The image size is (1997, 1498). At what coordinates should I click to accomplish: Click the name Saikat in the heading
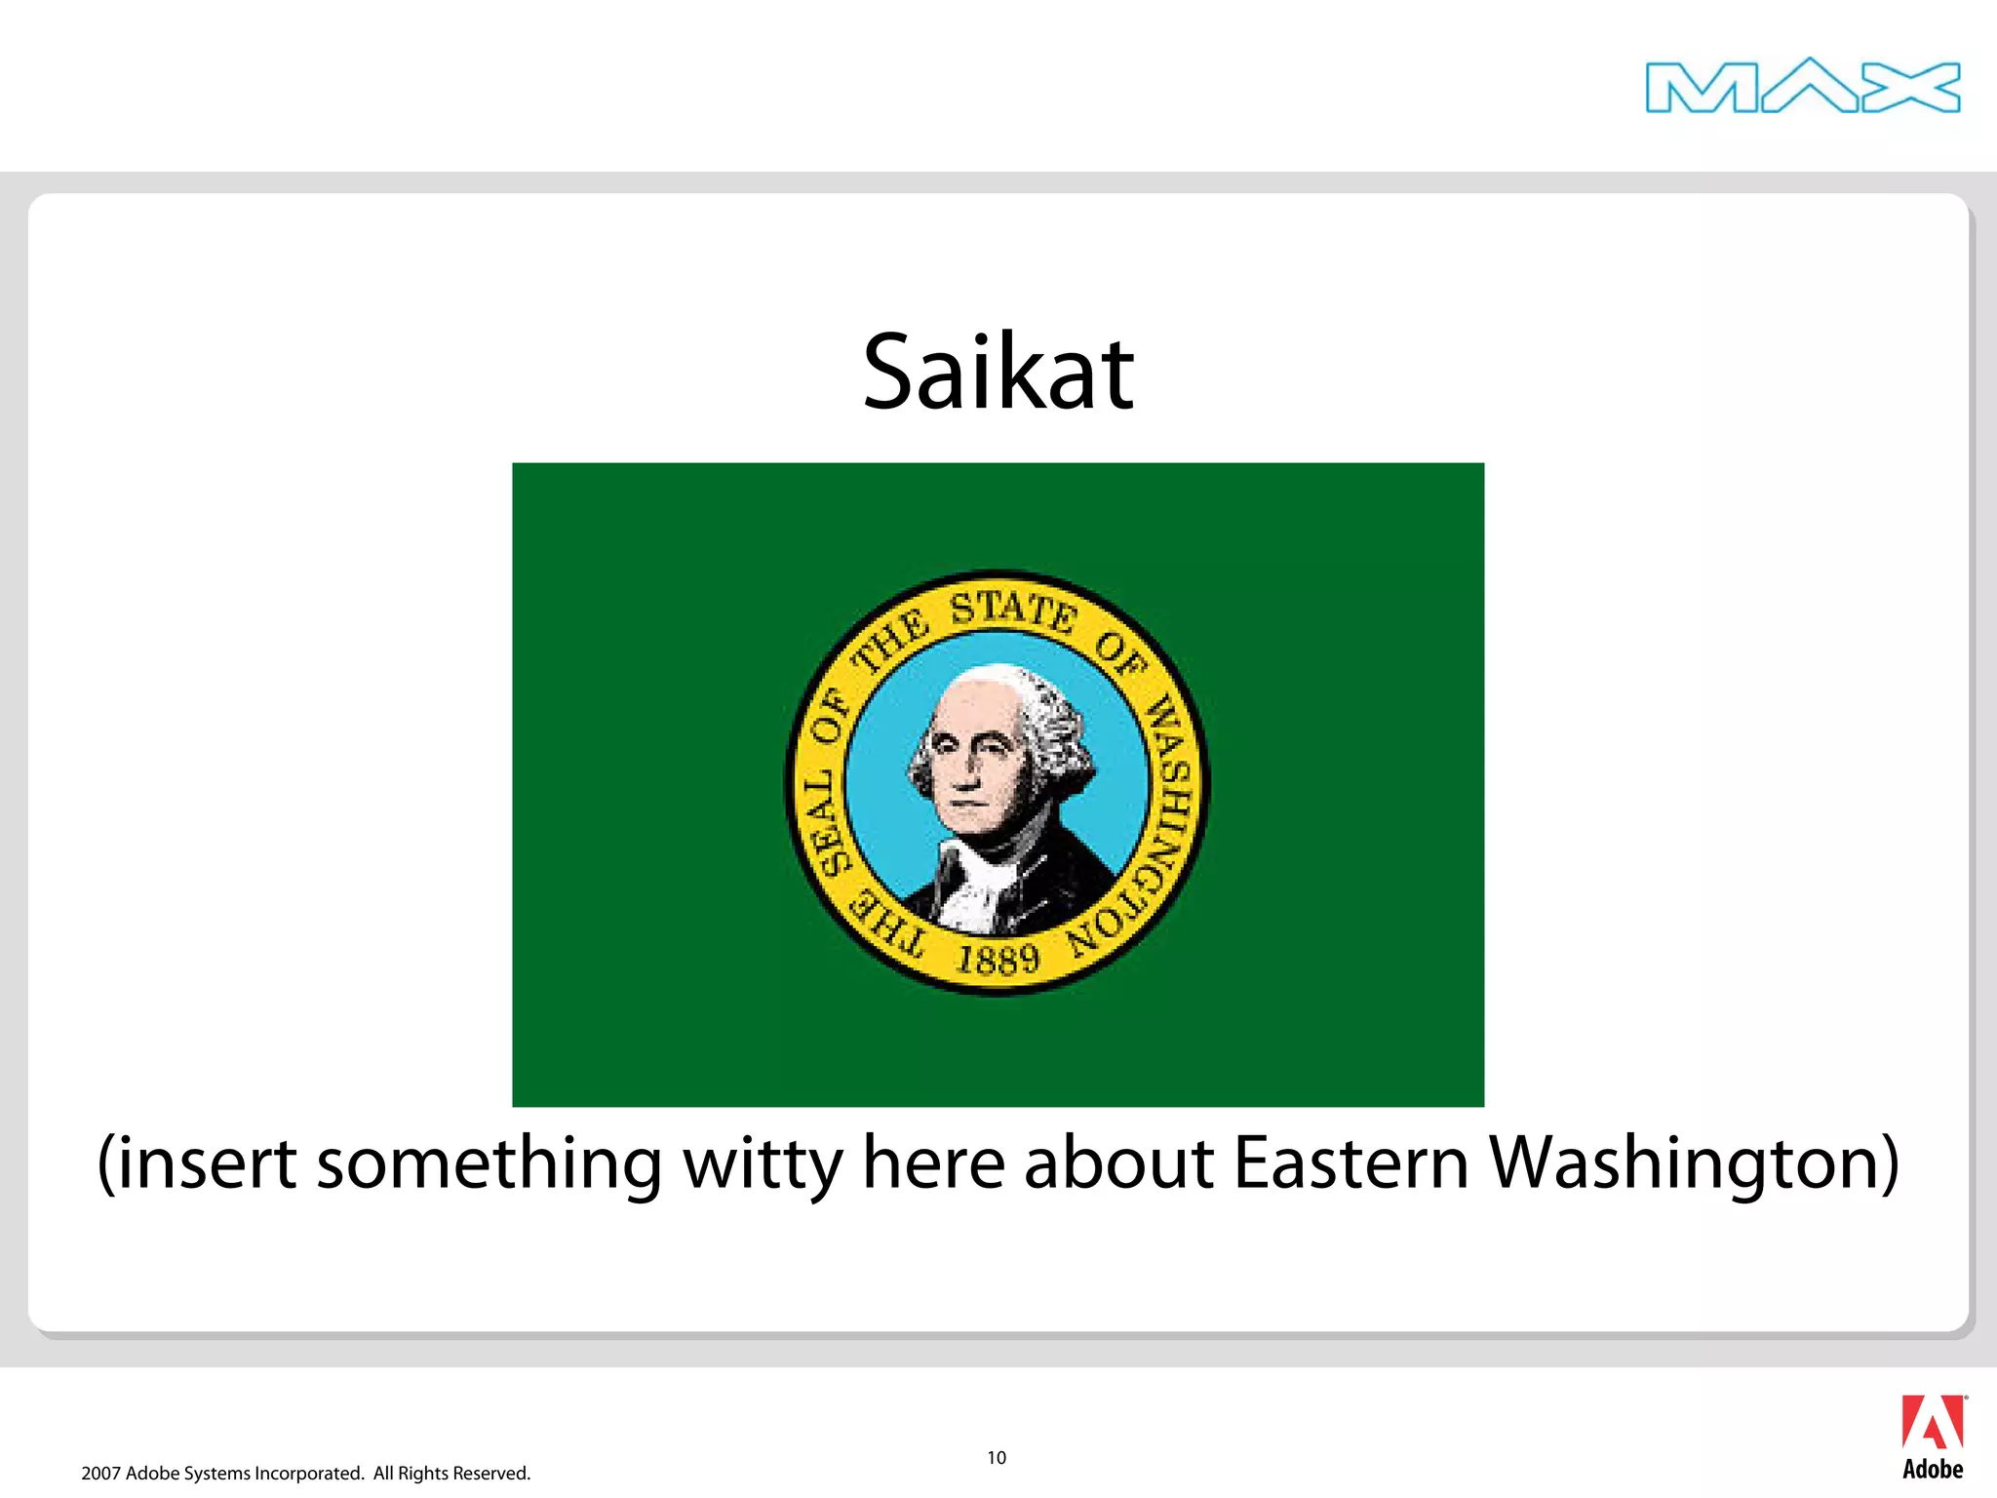pos(998,373)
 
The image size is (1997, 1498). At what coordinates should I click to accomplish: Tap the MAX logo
pos(1802,87)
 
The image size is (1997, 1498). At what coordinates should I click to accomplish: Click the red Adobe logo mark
pos(1932,1423)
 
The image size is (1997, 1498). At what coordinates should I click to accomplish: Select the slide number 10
pos(996,1457)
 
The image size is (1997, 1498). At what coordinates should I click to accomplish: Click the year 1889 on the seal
pos(998,960)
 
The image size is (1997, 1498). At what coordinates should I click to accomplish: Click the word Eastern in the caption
pos(1351,1163)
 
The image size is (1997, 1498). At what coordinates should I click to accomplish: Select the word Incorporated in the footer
pos(308,1474)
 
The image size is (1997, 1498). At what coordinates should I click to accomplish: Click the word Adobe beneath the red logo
pos(1932,1470)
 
